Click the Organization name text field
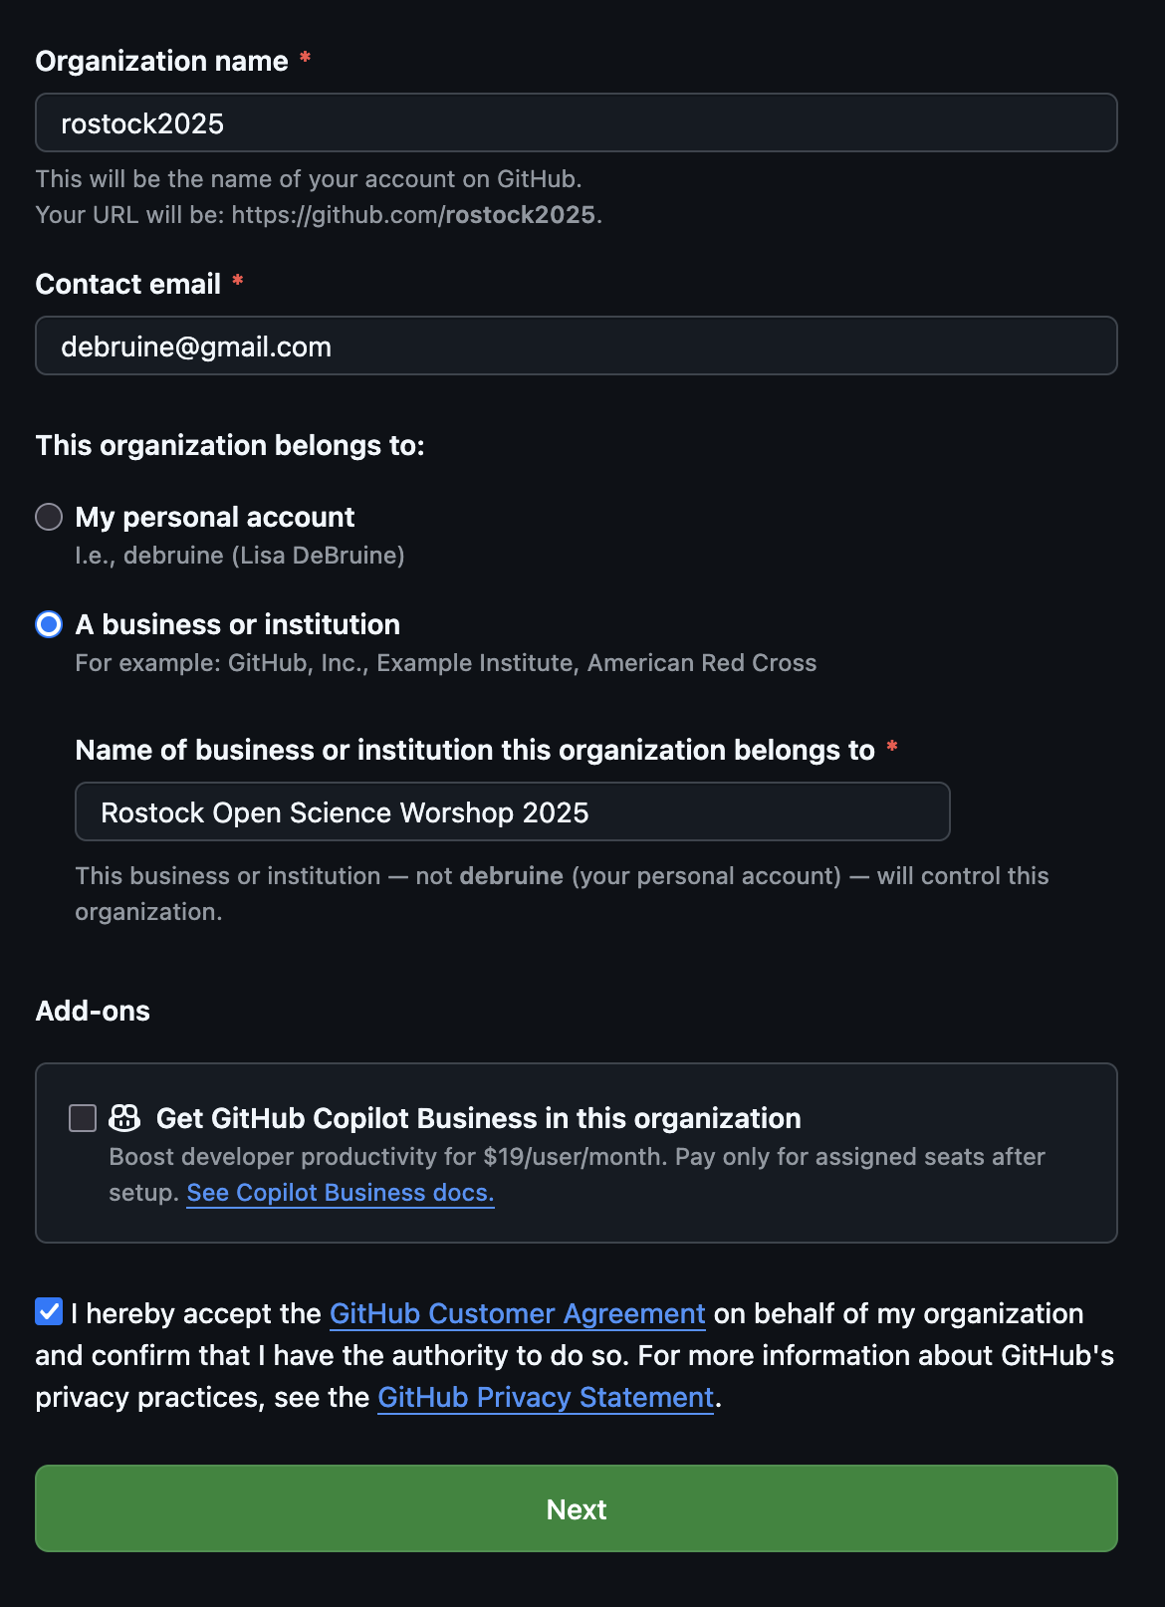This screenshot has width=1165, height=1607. click(x=576, y=123)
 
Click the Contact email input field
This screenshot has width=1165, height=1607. click(x=576, y=346)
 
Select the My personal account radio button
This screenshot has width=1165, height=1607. click(x=49, y=517)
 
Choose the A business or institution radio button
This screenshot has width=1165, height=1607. click(x=49, y=624)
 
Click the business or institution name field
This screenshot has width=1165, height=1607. click(x=512, y=812)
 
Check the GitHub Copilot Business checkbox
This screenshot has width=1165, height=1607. click(x=83, y=1118)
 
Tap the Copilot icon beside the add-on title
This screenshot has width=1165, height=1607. click(x=124, y=1118)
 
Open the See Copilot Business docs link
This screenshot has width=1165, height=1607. click(x=340, y=1193)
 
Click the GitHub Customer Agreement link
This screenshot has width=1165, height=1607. click(x=517, y=1314)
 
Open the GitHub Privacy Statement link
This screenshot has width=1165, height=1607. click(x=545, y=1398)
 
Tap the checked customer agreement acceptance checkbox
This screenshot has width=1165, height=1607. click(x=49, y=1311)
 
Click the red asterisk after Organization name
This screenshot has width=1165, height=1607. click(x=306, y=59)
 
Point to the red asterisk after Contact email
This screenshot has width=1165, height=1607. click(x=238, y=282)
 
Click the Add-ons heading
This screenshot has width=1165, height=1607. click(x=93, y=1012)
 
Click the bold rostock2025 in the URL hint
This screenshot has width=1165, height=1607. click(x=520, y=215)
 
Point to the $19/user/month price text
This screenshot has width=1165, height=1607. click(x=575, y=1157)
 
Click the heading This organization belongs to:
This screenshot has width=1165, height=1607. click(x=230, y=445)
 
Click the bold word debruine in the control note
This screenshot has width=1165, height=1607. click(x=511, y=876)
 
